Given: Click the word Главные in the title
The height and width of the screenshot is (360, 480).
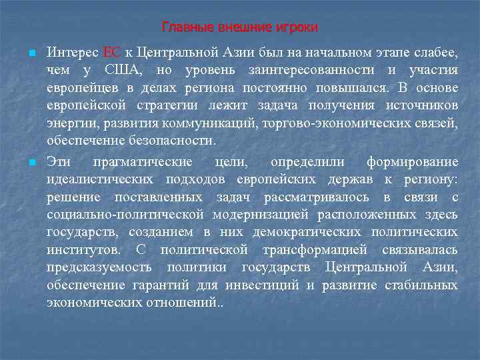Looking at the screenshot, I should [183, 27].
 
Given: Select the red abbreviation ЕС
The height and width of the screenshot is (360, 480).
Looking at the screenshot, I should [111, 52].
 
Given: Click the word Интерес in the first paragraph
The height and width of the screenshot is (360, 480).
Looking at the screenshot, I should [73, 52].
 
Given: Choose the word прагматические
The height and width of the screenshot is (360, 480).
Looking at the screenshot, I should [143, 161].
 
